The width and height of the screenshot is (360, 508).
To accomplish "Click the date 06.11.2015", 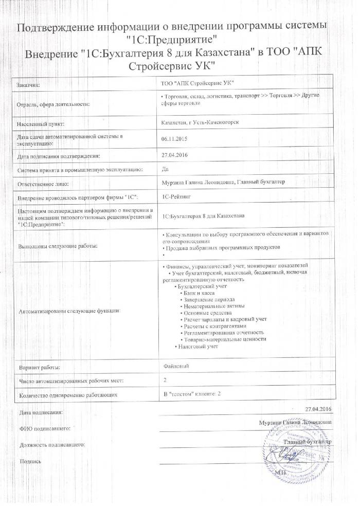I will pos(174,138).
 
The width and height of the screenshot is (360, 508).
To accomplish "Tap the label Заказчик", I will pos(28,84).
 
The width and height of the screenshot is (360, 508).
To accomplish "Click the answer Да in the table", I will pos(165,168).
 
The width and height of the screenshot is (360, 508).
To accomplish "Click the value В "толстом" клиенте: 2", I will pos(191,393).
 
